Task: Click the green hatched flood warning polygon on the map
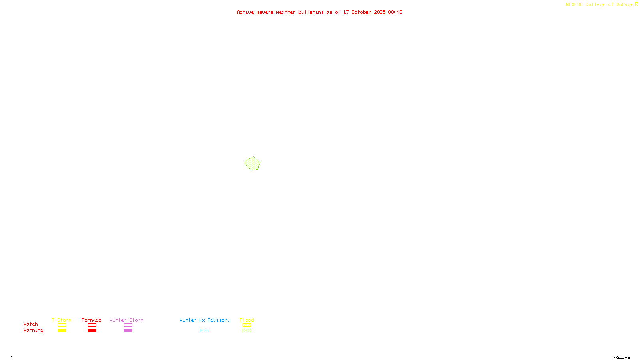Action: [x=252, y=164]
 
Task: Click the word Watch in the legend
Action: [x=31, y=324]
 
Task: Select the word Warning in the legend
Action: [x=33, y=330]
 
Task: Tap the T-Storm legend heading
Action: [x=62, y=320]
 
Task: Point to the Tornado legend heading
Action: [x=92, y=320]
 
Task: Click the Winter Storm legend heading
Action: [x=126, y=320]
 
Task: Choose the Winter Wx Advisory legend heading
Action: [x=205, y=320]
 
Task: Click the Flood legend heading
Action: [x=247, y=320]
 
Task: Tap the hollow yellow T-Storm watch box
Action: [x=62, y=325]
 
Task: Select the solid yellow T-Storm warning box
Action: [x=62, y=331]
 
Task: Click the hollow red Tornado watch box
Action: [x=92, y=325]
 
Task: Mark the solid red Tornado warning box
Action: [x=92, y=331]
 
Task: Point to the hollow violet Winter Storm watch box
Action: [x=128, y=325]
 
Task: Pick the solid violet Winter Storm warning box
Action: [x=128, y=331]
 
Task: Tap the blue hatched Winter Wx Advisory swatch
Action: [x=204, y=331]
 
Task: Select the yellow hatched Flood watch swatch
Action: [x=247, y=325]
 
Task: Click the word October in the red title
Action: [x=361, y=12]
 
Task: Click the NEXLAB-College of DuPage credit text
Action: [x=600, y=5]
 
